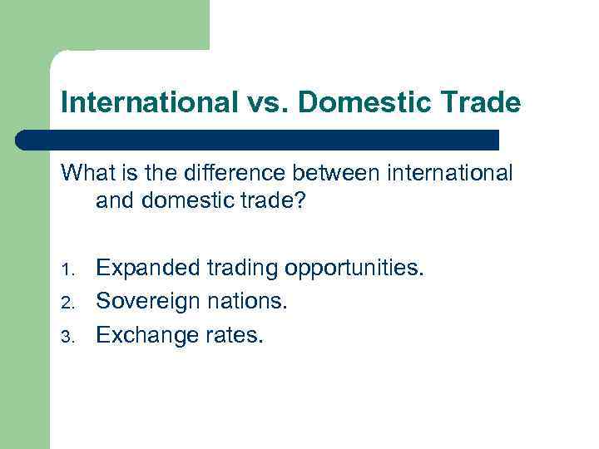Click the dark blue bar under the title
(x=258, y=140)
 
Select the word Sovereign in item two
(x=146, y=301)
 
